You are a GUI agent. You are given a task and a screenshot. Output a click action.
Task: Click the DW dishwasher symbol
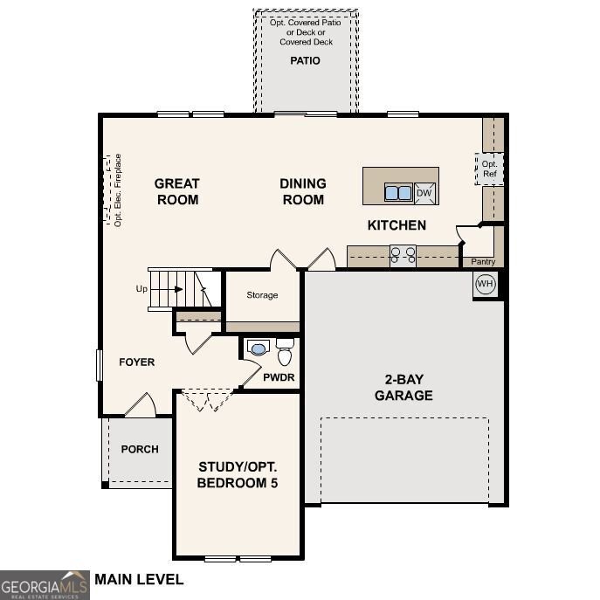click(x=424, y=193)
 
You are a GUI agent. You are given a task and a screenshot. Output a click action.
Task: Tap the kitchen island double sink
click(x=398, y=192)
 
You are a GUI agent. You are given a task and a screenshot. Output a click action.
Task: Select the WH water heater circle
click(x=486, y=284)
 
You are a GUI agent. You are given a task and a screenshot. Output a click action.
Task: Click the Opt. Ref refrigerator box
click(x=489, y=169)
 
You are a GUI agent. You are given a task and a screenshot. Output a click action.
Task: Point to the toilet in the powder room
click(x=285, y=351)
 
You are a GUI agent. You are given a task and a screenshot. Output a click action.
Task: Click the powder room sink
click(x=259, y=348)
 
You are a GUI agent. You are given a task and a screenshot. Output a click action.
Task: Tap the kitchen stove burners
click(x=403, y=256)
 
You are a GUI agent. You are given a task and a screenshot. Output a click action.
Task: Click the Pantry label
click(x=483, y=262)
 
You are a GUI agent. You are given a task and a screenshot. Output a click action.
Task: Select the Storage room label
click(x=262, y=295)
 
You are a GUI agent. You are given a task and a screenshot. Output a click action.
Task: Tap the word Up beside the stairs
click(x=141, y=289)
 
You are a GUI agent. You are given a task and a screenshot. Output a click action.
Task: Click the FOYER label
click(x=136, y=362)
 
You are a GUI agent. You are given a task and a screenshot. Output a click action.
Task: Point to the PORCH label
click(x=140, y=449)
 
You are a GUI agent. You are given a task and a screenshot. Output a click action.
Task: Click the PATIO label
click(x=305, y=61)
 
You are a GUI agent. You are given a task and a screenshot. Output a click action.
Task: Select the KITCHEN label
click(x=397, y=225)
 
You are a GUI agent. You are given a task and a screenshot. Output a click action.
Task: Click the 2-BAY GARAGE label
click(x=403, y=387)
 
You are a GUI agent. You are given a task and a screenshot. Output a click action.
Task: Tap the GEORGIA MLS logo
click(x=45, y=585)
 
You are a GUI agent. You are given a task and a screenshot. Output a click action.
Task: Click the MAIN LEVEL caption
click(x=139, y=579)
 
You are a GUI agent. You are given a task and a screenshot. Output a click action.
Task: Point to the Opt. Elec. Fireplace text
click(x=118, y=190)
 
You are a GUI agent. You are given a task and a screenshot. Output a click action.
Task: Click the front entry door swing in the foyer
click(x=141, y=404)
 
